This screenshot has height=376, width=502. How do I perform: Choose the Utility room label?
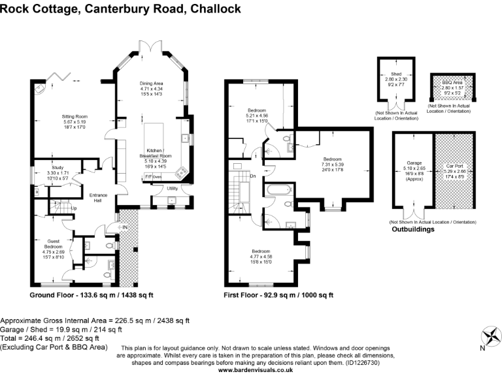point(172,188)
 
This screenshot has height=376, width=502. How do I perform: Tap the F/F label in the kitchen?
point(148,177)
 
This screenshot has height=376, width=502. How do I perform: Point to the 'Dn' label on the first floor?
point(253,176)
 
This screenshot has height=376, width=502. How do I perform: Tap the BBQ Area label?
point(453,82)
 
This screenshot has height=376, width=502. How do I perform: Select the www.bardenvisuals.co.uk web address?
point(255,370)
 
